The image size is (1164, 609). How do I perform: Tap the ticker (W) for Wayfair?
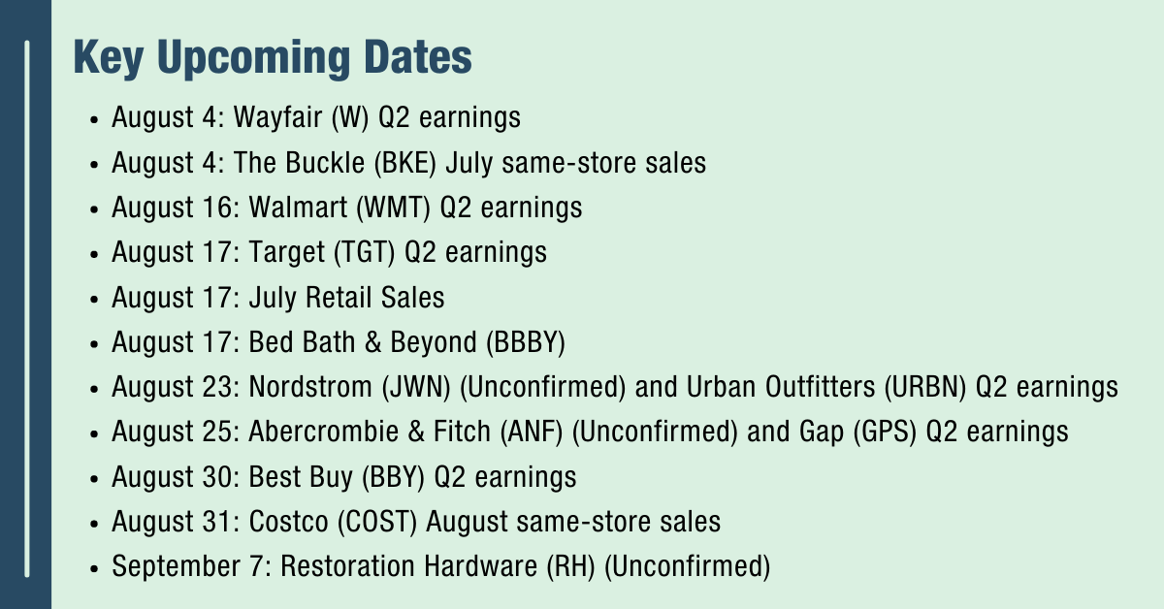(350, 117)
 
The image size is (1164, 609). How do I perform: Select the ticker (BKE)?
(405, 163)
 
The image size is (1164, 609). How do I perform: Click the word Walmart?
(298, 208)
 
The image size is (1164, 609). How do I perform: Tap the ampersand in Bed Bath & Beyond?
(372, 342)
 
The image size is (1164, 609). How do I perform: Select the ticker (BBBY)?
(526, 343)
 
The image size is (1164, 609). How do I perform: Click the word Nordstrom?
(310, 387)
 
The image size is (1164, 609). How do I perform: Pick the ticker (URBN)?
(925, 388)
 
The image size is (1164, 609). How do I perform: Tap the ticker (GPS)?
(885, 433)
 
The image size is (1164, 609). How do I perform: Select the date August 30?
(177, 477)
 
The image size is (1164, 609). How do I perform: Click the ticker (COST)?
(377, 523)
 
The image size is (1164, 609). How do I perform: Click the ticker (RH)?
(570, 567)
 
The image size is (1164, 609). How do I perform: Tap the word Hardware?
(481, 566)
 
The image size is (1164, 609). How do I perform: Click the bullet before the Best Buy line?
(94, 479)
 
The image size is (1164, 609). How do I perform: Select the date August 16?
(177, 208)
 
